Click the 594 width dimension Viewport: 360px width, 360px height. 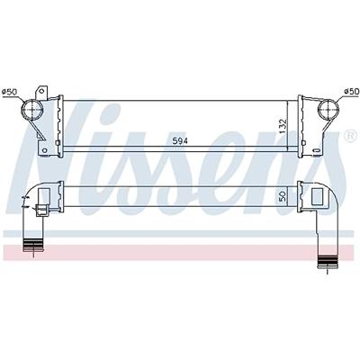tap(182, 140)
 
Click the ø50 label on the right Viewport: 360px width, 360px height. tap(349, 91)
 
